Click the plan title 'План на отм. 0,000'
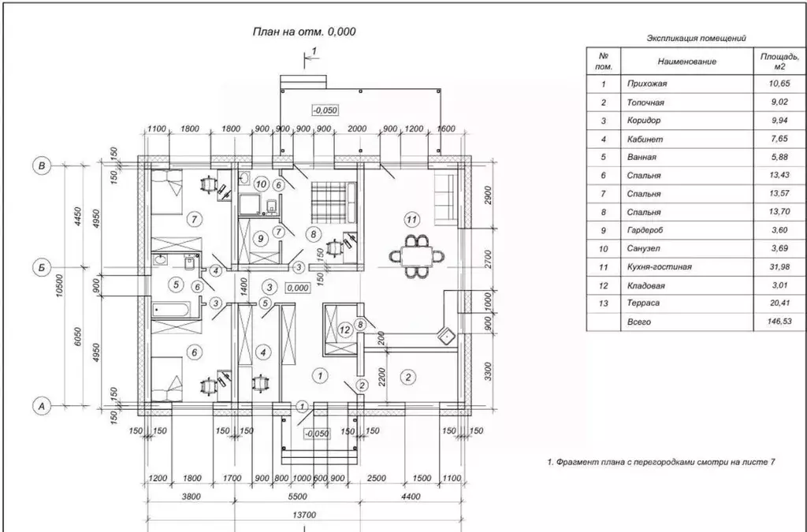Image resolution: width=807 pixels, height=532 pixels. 303,32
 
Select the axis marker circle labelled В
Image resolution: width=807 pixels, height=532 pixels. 42,166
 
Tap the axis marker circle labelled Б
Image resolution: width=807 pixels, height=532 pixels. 42,267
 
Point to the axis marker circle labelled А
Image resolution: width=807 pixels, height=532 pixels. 42,406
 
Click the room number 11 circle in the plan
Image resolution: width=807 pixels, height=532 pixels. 411,220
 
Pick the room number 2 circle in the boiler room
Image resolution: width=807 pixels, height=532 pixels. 408,378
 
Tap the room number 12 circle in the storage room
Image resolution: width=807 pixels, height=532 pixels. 345,329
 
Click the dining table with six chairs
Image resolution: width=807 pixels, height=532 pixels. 417,255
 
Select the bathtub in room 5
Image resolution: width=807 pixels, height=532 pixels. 171,309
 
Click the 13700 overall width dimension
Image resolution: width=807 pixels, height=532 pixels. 304,515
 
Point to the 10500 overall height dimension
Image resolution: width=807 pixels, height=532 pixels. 60,285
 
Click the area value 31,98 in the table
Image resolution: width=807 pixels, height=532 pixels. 779,267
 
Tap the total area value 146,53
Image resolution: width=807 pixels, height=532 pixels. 779,322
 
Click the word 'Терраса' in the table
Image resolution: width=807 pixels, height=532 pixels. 643,303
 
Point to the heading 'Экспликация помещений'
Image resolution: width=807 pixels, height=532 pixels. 696,38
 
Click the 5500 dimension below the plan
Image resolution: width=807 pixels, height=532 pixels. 297,497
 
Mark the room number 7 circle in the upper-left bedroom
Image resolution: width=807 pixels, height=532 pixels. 194,220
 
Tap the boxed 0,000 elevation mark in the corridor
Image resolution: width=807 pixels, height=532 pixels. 297,288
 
